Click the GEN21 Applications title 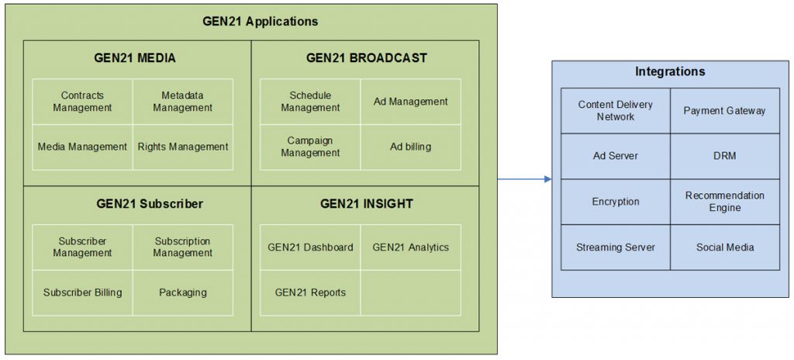point(260,22)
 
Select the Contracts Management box point(82,102)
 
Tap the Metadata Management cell point(182,102)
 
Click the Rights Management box point(182,147)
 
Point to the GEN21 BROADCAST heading point(366,58)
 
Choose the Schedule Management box point(310,102)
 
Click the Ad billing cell point(410,147)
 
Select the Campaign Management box point(310,147)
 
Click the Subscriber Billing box point(82,292)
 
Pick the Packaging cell point(182,292)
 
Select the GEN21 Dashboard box point(310,247)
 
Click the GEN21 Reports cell point(310,292)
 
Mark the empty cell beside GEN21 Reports point(410,292)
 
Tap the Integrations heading point(670,72)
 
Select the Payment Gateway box point(724,111)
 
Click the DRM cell point(724,156)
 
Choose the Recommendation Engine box point(724,202)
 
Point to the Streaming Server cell point(615,247)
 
